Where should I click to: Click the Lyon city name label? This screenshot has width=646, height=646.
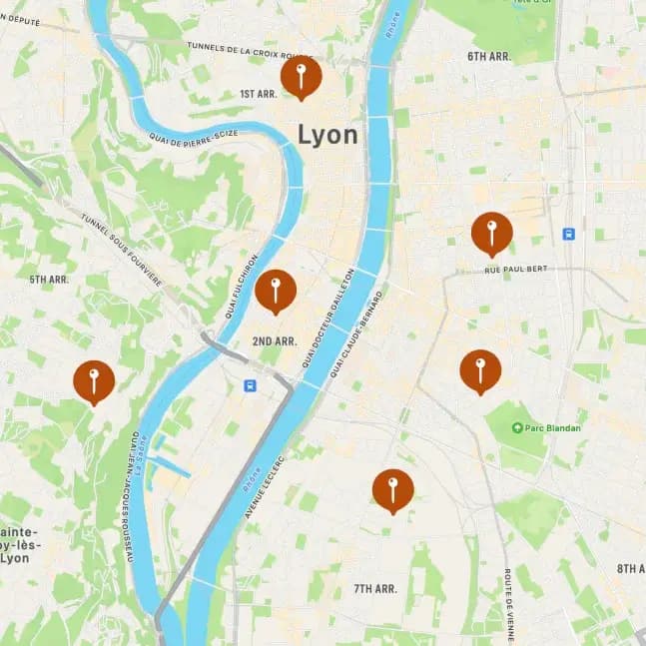pos(327,135)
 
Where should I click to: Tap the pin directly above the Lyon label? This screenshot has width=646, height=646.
pos(301,76)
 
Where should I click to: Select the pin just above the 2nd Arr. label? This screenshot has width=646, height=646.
pos(275,291)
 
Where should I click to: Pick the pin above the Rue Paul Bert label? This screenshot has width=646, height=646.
pos(491,233)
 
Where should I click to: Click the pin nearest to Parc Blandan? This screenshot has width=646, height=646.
pos(480,369)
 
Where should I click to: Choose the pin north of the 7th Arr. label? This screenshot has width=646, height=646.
pos(392,489)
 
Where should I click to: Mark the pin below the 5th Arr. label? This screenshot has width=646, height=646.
pos(94,380)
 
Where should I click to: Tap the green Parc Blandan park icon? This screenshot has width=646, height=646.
pos(517,428)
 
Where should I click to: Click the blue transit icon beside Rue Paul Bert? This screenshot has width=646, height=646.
pos(568,234)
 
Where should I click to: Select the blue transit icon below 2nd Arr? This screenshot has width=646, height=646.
pos(250,385)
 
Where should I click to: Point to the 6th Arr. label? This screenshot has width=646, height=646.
pos(488,57)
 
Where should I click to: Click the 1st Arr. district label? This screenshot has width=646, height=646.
pos(258,94)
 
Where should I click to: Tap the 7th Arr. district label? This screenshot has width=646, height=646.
pos(375,589)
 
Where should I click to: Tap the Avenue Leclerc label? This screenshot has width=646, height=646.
pos(265,487)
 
